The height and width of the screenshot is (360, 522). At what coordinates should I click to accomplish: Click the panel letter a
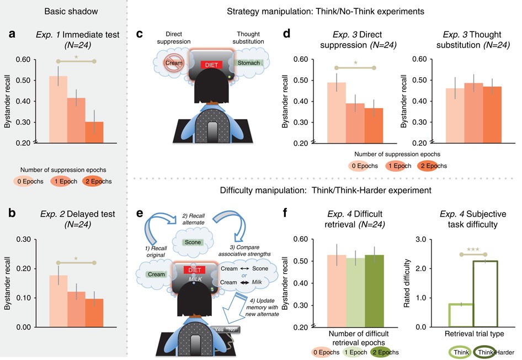tap(12, 34)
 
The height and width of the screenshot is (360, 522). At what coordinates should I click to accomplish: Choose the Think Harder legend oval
tap(488, 352)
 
